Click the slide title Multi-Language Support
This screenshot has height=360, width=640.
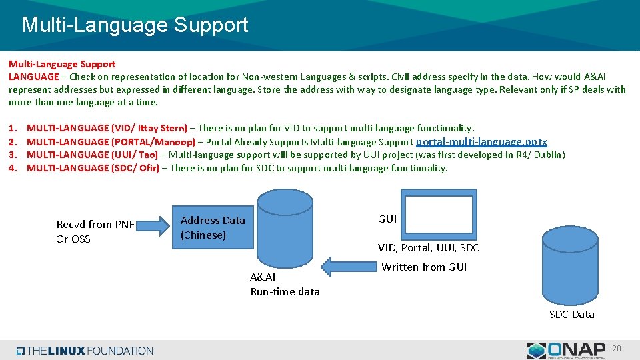(x=135, y=25)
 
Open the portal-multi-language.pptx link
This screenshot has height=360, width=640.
(x=481, y=142)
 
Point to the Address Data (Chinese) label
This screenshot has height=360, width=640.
(x=213, y=227)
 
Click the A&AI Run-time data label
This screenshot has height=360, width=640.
(x=285, y=284)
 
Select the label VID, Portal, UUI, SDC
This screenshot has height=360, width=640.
(x=428, y=248)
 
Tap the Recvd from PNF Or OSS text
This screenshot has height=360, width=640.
(x=95, y=231)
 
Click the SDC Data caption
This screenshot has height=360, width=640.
(x=571, y=315)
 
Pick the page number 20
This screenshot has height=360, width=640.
(x=617, y=349)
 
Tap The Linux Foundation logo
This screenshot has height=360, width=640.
(x=85, y=351)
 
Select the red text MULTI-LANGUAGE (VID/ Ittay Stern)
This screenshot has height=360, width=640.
(x=107, y=128)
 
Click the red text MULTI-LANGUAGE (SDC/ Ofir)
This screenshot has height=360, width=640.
(x=93, y=168)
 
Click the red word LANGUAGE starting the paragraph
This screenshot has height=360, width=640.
(x=33, y=77)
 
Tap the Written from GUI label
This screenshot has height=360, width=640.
(x=424, y=267)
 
